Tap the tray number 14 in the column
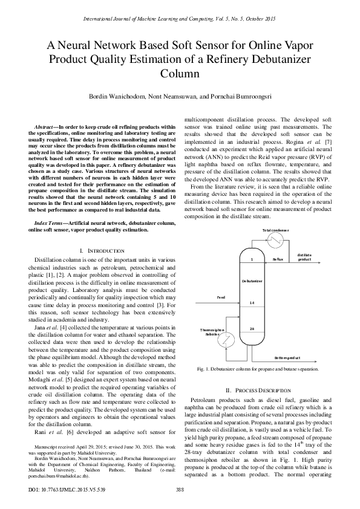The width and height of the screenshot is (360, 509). point(252,302)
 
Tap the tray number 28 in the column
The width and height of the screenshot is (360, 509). point(252,328)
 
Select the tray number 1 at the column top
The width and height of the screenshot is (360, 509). point(252,259)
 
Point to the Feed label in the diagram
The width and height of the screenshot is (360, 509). point(221,297)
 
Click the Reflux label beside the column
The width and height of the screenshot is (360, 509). point(278,259)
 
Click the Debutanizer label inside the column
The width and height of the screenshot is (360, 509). point(252,281)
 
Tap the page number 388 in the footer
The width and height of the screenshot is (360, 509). point(180,489)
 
